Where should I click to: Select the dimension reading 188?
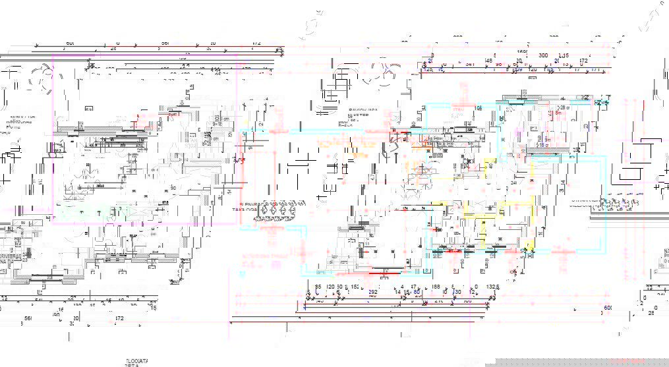[436, 287]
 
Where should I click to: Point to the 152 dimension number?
[355, 288]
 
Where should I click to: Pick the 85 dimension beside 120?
[318, 288]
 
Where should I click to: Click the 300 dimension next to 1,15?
[544, 56]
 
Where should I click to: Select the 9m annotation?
[546, 138]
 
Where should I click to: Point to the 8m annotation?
[558, 113]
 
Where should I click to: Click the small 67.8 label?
[164, 203]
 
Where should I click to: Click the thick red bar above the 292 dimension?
[383, 270]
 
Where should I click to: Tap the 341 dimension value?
[469, 64]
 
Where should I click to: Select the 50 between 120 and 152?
[340, 288]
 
